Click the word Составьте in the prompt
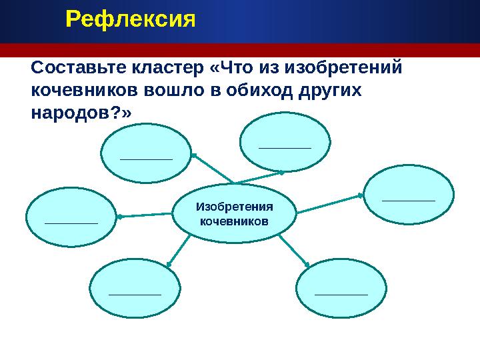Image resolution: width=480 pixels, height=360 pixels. pos(71,69)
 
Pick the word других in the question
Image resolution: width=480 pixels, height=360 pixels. pos(329,90)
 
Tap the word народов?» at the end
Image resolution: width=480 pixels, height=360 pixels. pos(82,112)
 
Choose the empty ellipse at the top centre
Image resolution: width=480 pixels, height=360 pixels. pos(285,142)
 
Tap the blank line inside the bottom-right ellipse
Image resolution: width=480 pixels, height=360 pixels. pos(341,293)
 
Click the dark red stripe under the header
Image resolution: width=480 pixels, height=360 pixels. pos(240,51)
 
